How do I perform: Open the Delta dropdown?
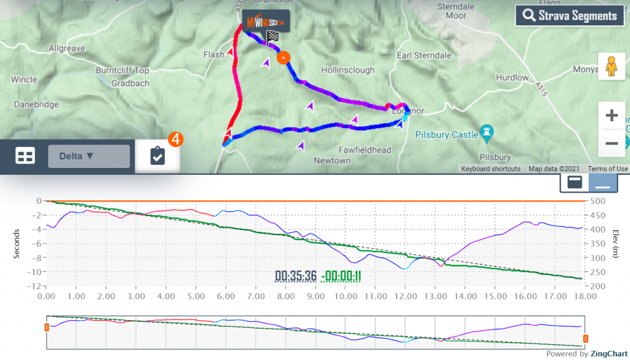tap(89, 156)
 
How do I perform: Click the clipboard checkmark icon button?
tap(157, 156)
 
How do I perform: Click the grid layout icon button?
tap(25, 156)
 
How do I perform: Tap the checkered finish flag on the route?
tap(272, 36)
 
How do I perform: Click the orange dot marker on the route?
tap(283, 58)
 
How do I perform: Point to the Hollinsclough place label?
tap(348, 70)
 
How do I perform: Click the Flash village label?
tap(213, 55)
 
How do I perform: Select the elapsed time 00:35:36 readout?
tap(296, 276)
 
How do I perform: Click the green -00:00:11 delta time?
tap(341, 276)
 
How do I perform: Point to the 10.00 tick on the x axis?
tap(345, 296)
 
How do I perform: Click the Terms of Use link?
tap(608, 169)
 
